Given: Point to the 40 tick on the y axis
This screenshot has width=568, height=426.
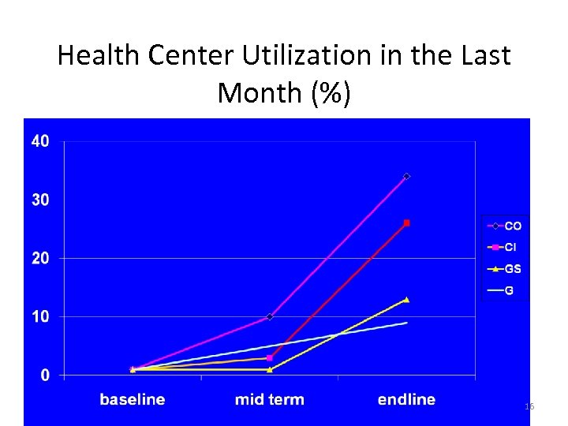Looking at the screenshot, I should tap(40, 142).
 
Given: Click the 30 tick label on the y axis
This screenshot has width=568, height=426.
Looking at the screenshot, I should tap(40, 200).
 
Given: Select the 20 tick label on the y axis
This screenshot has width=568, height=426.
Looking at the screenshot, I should tap(40, 259).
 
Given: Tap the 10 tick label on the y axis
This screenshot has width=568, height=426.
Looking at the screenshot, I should tap(40, 317).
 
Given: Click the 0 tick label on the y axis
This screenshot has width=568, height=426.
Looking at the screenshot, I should tap(45, 376).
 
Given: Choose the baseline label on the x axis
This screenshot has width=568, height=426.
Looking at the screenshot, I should tap(133, 399).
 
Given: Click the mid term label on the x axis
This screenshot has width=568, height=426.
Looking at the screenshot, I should tap(269, 399).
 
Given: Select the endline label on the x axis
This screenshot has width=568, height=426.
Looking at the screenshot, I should tap(406, 399).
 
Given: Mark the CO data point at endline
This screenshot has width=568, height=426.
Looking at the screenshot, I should tap(406, 176).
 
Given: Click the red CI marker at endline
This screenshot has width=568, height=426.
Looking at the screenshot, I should tap(406, 223).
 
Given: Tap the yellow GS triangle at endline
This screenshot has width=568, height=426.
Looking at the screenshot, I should tap(406, 299).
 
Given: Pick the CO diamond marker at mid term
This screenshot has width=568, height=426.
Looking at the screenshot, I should tap(270, 316).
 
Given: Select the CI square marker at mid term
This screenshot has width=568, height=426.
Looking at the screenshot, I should tap(270, 357).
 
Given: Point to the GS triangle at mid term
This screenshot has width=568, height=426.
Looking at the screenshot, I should tap(270, 369).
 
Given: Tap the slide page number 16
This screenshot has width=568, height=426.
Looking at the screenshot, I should tap(529, 406).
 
